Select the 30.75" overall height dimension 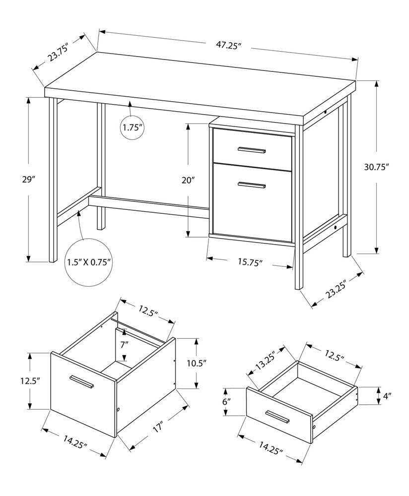click(376, 167)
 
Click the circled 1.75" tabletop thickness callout click(133, 127)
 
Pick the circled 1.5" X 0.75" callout click(89, 261)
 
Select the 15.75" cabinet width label click(249, 262)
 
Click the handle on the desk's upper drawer click(252, 149)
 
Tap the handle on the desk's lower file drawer click(252, 185)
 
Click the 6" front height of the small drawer click(227, 402)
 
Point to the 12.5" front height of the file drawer click(30, 380)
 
